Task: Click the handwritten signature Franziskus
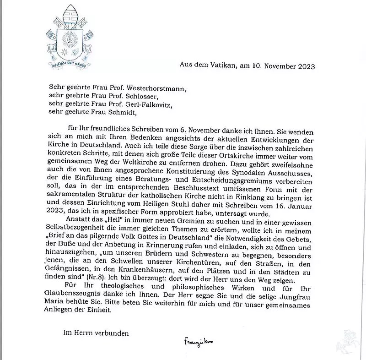click(199, 341)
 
